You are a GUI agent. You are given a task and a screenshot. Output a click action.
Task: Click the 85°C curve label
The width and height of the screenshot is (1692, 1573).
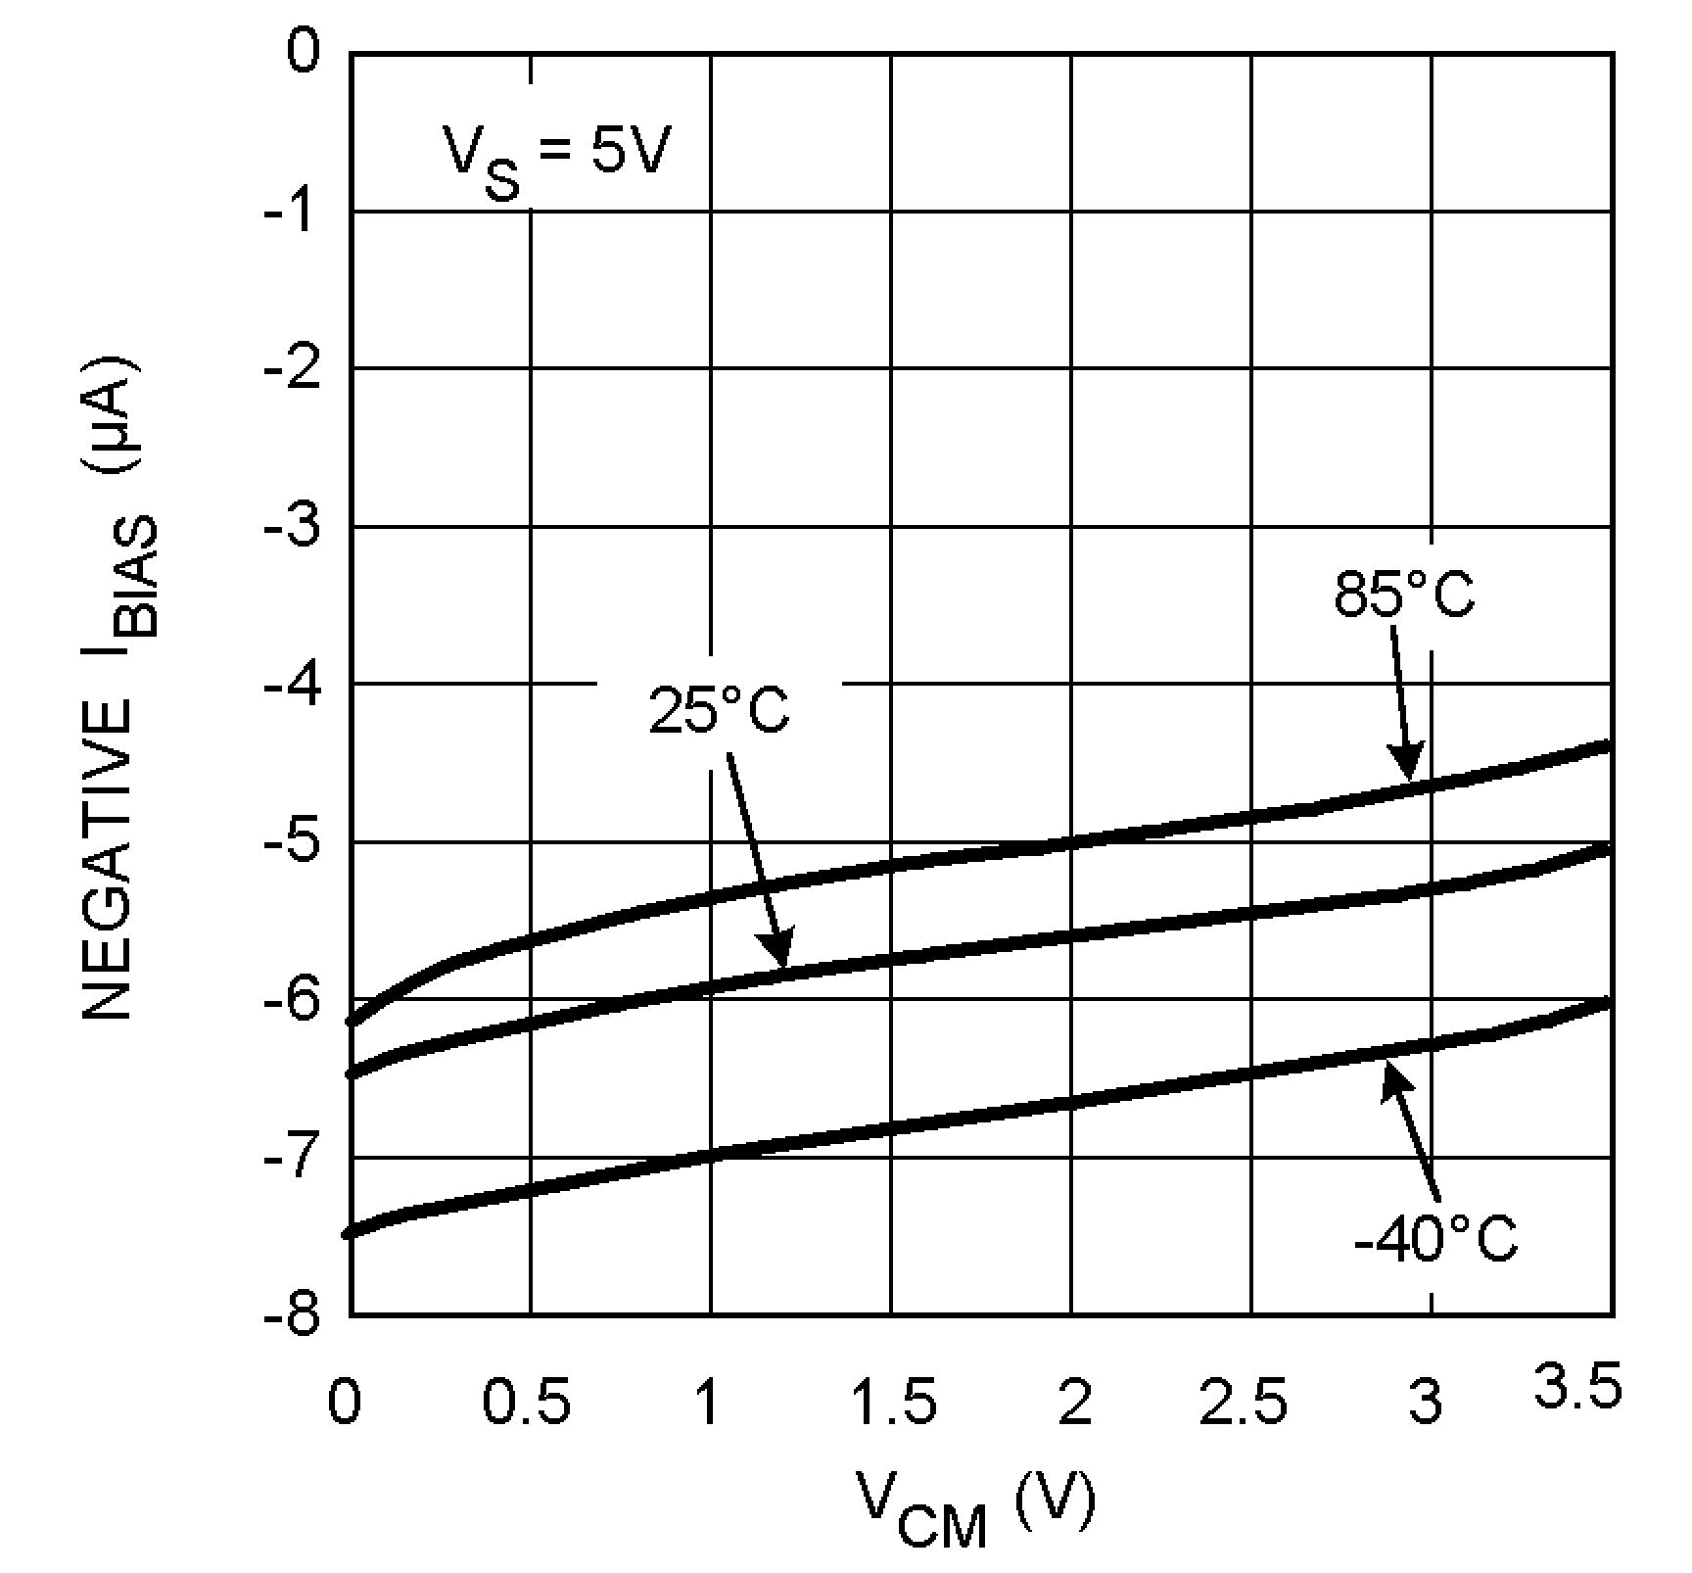[x=1403, y=595]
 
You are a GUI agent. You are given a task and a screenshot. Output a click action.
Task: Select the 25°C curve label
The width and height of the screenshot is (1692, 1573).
[x=719, y=711]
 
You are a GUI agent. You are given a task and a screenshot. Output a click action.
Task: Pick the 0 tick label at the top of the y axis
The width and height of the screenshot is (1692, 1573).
[x=305, y=51]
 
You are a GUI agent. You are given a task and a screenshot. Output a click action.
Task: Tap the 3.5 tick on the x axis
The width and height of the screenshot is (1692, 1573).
[x=1576, y=1390]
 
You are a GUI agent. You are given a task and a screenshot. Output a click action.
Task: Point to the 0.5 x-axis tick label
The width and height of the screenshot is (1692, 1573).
[x=526, y=1403]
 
